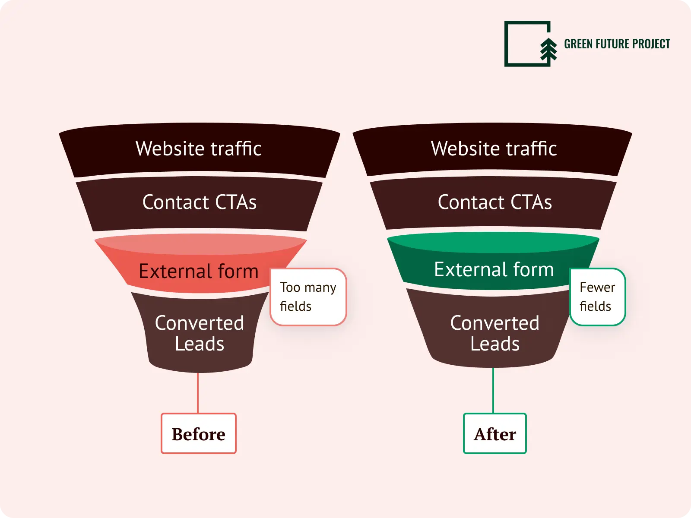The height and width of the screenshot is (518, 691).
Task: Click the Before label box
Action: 198,433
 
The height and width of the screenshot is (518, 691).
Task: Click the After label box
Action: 494,433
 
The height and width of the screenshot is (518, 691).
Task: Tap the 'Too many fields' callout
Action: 308,297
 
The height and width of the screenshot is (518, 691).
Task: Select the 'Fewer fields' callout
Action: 597,297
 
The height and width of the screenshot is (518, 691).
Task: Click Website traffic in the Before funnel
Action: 199,149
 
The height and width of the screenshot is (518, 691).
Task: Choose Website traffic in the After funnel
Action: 494,149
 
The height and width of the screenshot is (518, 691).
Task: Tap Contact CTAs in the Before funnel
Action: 199,202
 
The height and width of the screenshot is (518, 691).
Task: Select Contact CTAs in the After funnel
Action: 494,202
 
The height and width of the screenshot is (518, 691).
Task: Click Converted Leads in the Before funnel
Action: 200,333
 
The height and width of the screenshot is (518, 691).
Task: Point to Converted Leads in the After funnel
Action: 494,333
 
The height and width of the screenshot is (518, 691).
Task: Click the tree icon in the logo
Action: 548,49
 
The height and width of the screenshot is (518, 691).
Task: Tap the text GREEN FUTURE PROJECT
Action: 617,44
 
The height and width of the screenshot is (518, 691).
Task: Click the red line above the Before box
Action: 198,393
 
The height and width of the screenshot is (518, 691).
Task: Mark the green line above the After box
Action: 493,391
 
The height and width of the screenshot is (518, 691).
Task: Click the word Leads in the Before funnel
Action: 200,344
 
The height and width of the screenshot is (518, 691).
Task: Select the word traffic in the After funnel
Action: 531,149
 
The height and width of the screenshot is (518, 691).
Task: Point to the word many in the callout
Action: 320,288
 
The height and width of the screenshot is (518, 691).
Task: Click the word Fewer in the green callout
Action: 597,287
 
